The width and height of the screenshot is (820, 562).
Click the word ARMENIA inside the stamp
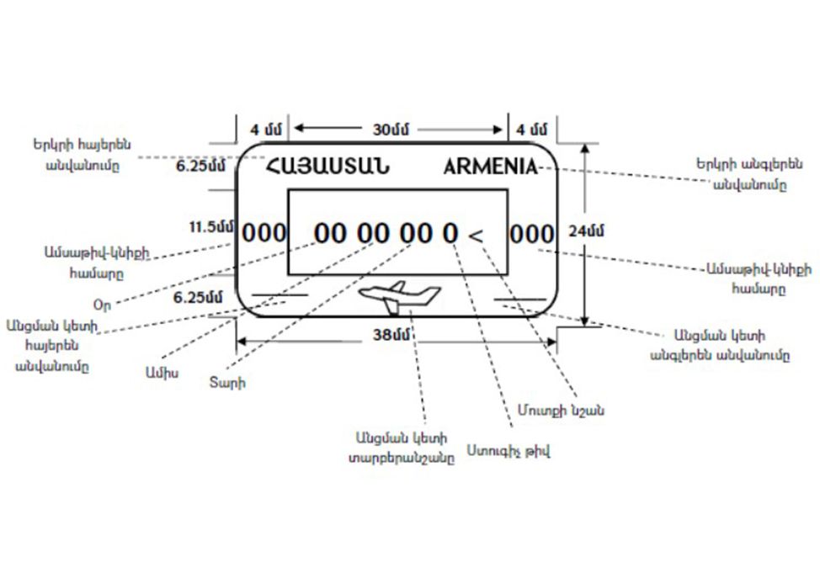pyautogui.click(x=489, y=165)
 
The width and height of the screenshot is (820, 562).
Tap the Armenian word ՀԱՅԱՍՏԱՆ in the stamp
pyautogui.click(x=327, y=165)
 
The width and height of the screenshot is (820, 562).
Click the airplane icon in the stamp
pyautogui.click(x=399, y=296)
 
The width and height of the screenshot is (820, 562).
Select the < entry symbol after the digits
pyautogui.click(x=476, y=236)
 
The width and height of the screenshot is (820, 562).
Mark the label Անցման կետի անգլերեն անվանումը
pyautogui.click(x=719, y=344)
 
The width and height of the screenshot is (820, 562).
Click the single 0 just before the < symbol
pyautogui.click(x=451, y=233)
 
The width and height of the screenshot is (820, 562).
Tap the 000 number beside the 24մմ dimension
pyautogui.click(x=532, y=233)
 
